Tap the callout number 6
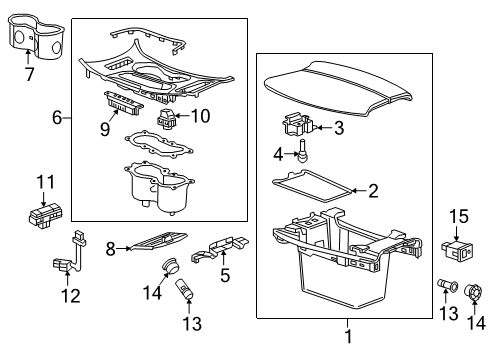57,118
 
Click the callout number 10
200,116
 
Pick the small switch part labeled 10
168,122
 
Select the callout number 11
43,181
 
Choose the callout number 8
111,244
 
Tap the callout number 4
278,154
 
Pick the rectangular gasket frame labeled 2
312,186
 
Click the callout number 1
348,336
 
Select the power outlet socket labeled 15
457,248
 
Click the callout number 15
458,216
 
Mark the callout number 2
372,191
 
